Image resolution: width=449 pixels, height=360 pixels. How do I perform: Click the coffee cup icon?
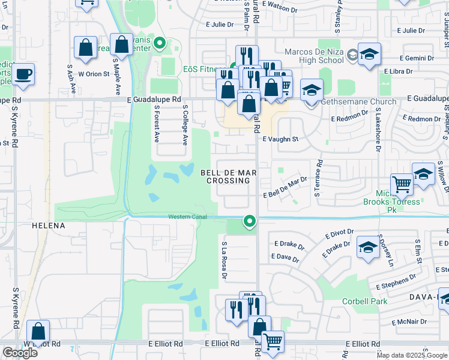23,74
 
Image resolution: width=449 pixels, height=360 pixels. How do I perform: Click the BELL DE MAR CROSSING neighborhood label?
228,176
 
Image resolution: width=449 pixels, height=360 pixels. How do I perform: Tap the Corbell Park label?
365,302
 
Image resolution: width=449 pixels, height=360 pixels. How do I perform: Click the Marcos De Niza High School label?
314,56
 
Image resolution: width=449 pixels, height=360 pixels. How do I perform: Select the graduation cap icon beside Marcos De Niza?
370,54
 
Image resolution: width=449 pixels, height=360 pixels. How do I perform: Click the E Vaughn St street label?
280,139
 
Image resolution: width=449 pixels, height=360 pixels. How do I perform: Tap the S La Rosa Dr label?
223,260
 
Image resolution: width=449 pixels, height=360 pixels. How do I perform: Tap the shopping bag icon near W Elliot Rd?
38,331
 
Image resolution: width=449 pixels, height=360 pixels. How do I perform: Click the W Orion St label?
93,74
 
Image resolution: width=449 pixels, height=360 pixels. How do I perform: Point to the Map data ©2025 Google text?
412,355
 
